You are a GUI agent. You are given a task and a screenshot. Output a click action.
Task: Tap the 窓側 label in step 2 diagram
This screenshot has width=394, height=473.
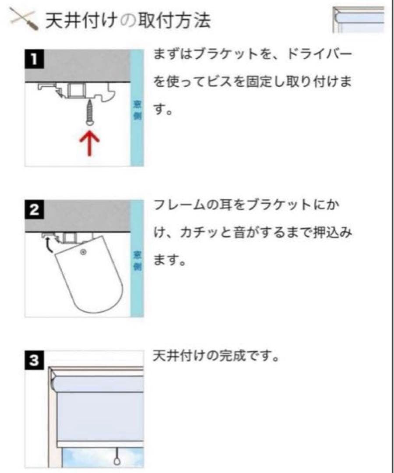[137, 261]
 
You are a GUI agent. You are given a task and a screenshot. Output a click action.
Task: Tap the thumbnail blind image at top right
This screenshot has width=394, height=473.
[358, 20]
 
